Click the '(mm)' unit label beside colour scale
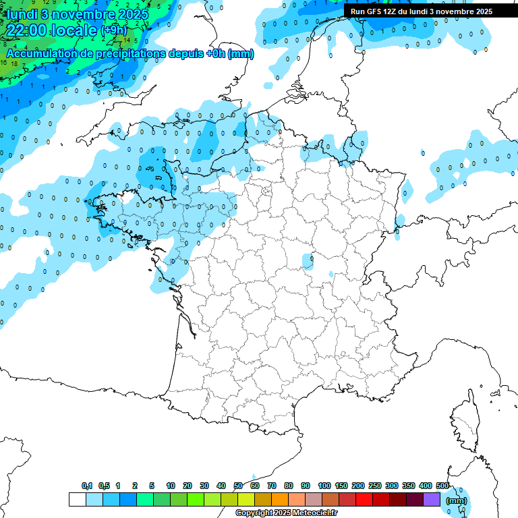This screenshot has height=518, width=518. click(x=457, y=500)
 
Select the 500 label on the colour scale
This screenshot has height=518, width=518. click(x=442, y=486)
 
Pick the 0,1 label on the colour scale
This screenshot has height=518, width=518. click(x=87, y=486)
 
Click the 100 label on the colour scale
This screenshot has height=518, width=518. click(x=324, y=486)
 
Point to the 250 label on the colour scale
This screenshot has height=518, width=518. click(x=375, y=486)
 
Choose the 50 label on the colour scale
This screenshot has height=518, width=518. click(x=238, y=486)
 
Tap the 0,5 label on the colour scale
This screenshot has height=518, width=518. click(x=104, y=486)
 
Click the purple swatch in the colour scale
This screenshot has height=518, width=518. click(x=432, y=499)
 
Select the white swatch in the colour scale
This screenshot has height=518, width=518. click(x=77, y=499)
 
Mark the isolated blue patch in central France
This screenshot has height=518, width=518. click(x=308, y=259)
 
